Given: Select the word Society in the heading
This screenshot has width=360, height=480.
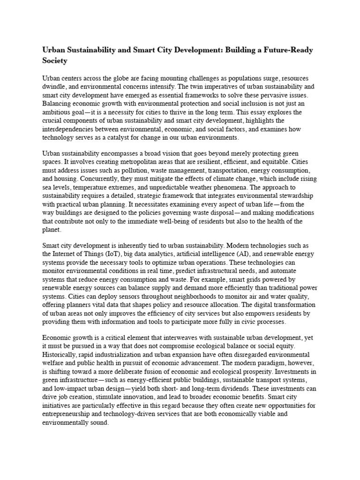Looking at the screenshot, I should (x=55, y=61).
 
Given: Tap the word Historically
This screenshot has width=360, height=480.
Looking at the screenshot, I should (x=60, y=354).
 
